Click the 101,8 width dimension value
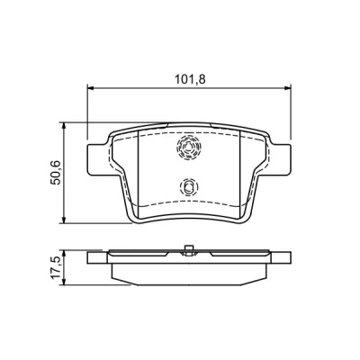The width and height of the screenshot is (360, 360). (x=190, y=79)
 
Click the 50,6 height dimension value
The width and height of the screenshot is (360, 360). (x=56, y=173)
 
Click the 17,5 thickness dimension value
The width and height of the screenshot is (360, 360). (x=56, y=268)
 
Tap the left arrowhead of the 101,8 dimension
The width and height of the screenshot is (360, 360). (x=91, y=88)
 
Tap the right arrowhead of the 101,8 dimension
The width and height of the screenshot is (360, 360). (x=287, y=88)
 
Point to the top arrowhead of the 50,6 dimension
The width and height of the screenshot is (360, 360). (x=64, y=126)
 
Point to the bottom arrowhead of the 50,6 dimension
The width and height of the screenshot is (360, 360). (x=64, y=220)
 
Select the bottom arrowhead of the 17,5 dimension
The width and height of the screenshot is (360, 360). (x=64, y=281)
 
